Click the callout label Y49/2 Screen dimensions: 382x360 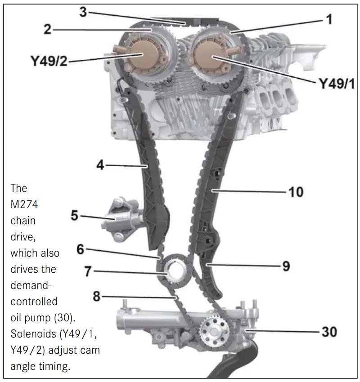[49, 61]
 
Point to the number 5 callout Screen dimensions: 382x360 [75, 216]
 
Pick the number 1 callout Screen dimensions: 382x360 [329, 19]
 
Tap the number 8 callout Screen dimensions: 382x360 [97, 297]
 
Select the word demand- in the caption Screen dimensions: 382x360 [32, 285]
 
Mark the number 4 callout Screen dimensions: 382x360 [100, 165]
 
